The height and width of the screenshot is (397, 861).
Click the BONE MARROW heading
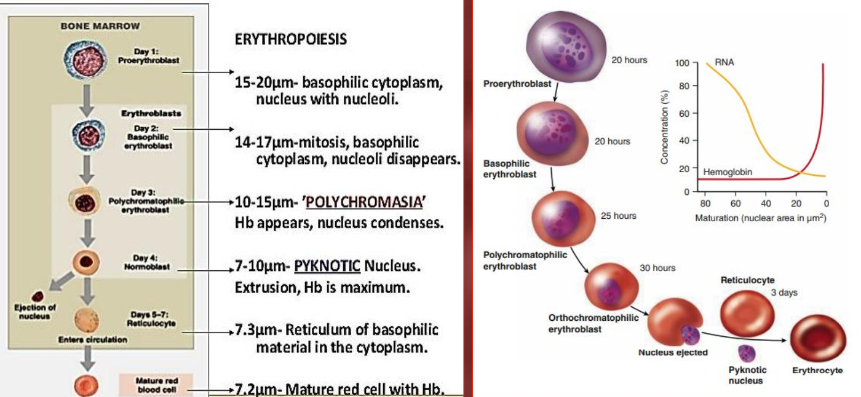coord(100,26)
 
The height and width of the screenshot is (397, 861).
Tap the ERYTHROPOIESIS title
coord(290,39)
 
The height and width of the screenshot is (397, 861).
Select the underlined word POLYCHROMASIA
coord(364,202)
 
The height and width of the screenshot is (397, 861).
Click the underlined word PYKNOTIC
coord(327,265)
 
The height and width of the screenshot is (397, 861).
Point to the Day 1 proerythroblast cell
coord(85,60)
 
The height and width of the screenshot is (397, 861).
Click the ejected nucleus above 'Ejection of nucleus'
coord(38,296)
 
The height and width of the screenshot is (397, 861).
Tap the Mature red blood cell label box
coord(156,385)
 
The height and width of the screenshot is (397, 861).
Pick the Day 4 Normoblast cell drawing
coord(86,262)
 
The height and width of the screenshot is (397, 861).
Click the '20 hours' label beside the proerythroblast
coord(629,60)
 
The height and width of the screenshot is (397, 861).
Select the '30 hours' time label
coord(657,268)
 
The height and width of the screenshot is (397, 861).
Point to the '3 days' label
coord(784,293)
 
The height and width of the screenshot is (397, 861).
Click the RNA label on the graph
coord(724,62)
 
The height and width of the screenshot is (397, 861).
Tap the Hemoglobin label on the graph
coord(728,172)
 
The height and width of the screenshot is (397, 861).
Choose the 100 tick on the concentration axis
coord(682,63)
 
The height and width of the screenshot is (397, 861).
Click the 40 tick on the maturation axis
coord(766,203)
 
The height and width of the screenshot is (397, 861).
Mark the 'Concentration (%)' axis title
coord(664,127)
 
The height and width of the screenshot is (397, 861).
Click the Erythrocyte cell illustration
coord(818,338)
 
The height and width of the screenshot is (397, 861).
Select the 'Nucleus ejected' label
coord(673,353)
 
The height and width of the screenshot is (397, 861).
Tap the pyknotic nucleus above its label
coord(747,353)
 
